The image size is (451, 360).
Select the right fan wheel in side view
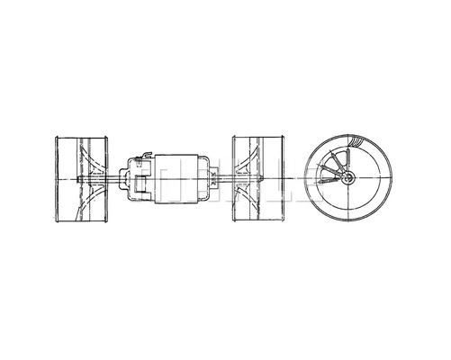coord(260,179)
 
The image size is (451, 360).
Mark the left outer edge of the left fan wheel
coord(56,179)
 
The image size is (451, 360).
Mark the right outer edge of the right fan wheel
coord(286,179)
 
